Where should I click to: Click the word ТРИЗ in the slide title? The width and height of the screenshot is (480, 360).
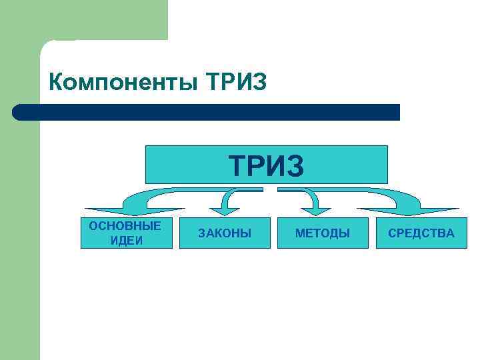pyautogui.click(x=237, y=83)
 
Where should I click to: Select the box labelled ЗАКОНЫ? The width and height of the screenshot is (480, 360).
pyautogui.click(x=225, y=233)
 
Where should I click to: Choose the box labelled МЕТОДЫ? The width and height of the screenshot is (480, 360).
pyautogui.click(x=323, y=233)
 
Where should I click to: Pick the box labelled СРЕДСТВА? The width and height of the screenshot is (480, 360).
pyautogui.click(x=421, y=233)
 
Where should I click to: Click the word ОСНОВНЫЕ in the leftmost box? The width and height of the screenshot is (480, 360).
pyautogui.click(x=125, y=226)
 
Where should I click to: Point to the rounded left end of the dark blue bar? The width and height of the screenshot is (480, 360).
pyautogui.click(x=19, y=112)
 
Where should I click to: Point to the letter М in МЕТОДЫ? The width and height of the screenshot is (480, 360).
pyautogui.click(x=300, y=233)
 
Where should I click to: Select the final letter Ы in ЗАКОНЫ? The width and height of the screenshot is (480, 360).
pyautogui.click(x=247, y=233)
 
